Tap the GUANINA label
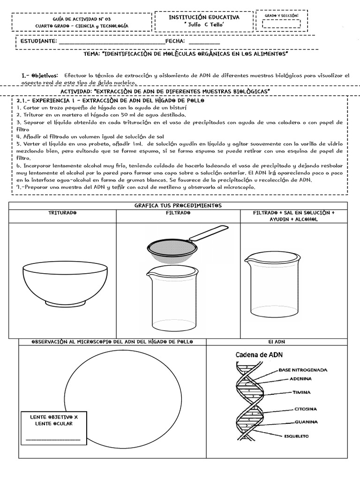307,421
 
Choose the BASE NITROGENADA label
303,369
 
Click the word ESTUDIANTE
38,41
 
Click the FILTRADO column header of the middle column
178,213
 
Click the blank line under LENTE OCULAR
53,439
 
